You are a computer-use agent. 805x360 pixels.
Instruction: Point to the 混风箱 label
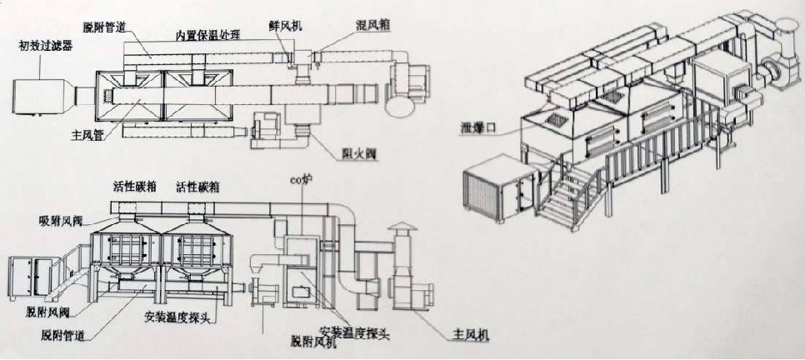coord(367,25)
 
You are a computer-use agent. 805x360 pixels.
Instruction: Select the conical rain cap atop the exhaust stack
coord(400,228)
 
